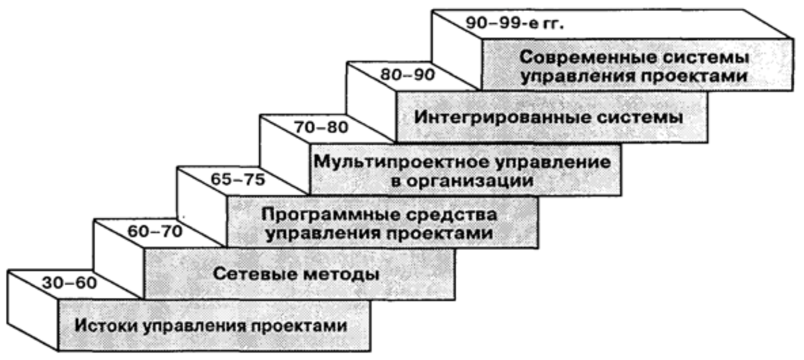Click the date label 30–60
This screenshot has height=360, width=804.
(69, 283)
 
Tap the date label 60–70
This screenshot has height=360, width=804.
(155, 232)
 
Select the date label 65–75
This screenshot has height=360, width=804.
(238, 179)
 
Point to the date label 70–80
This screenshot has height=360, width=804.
(321, 127)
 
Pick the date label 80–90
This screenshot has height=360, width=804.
(408, 75)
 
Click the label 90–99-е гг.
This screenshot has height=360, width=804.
(515, 23)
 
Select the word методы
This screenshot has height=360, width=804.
(341, 274)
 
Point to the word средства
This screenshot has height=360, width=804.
(452, 215)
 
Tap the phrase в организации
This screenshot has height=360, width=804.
(463, 181)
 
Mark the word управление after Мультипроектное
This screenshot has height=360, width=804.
(553, 162)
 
